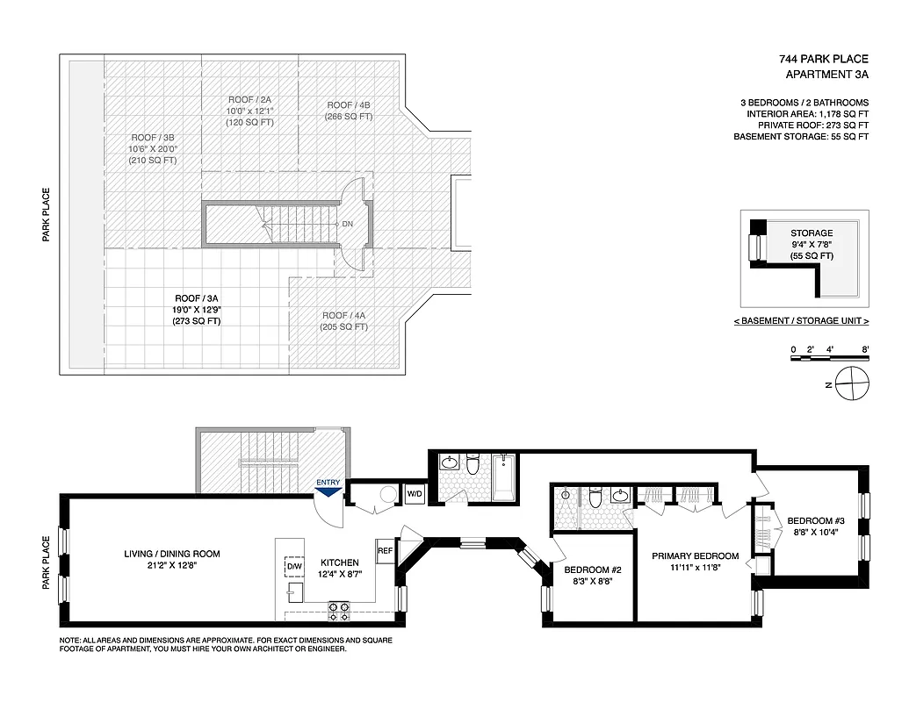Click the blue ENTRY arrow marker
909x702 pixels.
click(328, 492)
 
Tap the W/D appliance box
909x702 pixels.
click(414, 494)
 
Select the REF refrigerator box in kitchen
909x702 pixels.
click(385, 550)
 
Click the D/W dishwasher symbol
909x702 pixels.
click(293, 568)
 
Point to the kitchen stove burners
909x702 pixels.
click(338, 606)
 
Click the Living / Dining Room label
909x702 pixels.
click(171, 554)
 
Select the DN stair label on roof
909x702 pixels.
click(347, 225)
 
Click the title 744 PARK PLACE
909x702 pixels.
click(823, 59)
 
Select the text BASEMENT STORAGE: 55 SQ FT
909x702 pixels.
click(801, 137)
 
